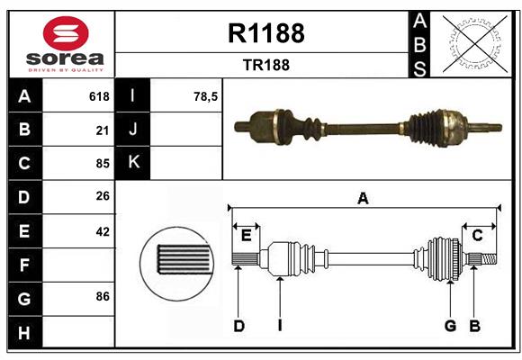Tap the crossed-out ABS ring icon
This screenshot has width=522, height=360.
[472, 43]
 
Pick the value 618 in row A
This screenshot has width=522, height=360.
[99, 96]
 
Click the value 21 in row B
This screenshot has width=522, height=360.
[102, 130]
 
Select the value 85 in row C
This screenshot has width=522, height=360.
[102, 164]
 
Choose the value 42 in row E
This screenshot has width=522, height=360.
[102, 231]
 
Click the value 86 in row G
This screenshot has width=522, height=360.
[102, 296]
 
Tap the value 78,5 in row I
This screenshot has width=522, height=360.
[206, 96]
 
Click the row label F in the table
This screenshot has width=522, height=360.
[24, 265]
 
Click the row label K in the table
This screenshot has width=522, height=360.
[133, 163]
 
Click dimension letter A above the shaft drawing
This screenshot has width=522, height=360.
[363, 199]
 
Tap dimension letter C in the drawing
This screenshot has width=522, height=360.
[478, 235]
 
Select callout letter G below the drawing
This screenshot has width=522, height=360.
[450, 326]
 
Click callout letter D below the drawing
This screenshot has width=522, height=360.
[239, 326]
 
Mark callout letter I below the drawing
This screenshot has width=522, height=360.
[280, 326]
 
